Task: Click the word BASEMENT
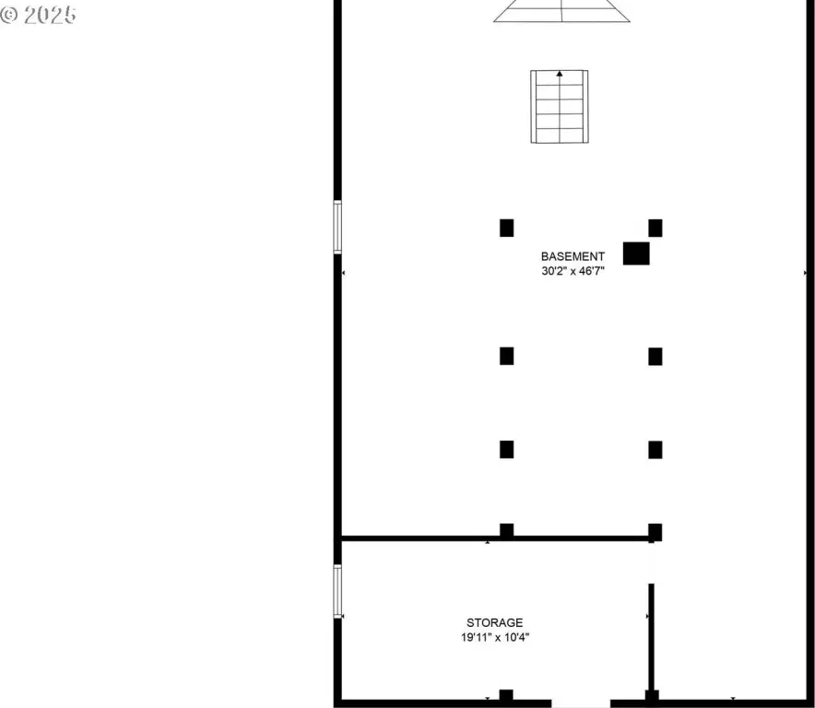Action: [x=573, y=256]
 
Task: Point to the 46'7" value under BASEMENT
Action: [x=592, y=271]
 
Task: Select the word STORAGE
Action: [x=495, y=623]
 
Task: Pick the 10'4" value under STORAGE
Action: [x=516, y=637]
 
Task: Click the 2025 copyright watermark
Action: [x=39, y=15]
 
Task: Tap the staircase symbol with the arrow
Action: [x=560, y=107]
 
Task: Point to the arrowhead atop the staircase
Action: [x=560, y=74]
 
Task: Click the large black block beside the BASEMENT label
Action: [x=636, y=254]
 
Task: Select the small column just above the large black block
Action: [x=655, y=229]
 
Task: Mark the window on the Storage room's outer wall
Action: [x=337, y=592]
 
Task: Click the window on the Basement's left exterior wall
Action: [x=337, y=227]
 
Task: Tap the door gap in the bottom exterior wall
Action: [x=581, y=703]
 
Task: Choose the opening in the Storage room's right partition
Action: [x=651, y=563]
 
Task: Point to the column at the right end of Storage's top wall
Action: [x=655, y=532]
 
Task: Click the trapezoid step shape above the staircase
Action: [x=561, y=11]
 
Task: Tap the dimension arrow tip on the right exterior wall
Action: [x=805, y=273]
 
